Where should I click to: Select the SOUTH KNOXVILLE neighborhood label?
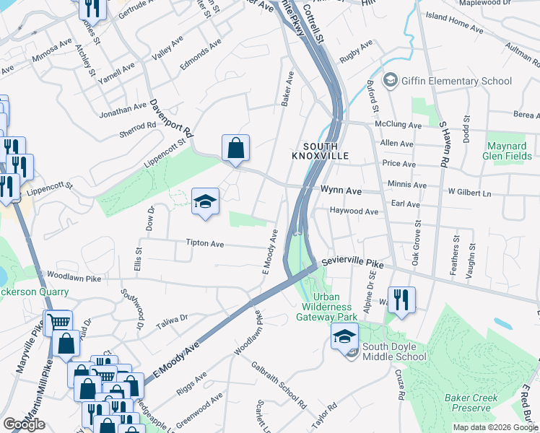[321, 150]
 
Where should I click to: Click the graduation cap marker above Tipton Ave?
[205, 201]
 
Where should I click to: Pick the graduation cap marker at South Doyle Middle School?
[344, 336]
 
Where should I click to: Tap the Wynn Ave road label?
[341, 191]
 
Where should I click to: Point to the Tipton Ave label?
[205, 244]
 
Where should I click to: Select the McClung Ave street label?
[398, 125]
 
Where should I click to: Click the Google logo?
[24, 424]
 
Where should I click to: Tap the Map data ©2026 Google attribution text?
[495, 427]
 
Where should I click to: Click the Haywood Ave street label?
[354, 211]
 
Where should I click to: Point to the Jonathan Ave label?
[124, 108]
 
